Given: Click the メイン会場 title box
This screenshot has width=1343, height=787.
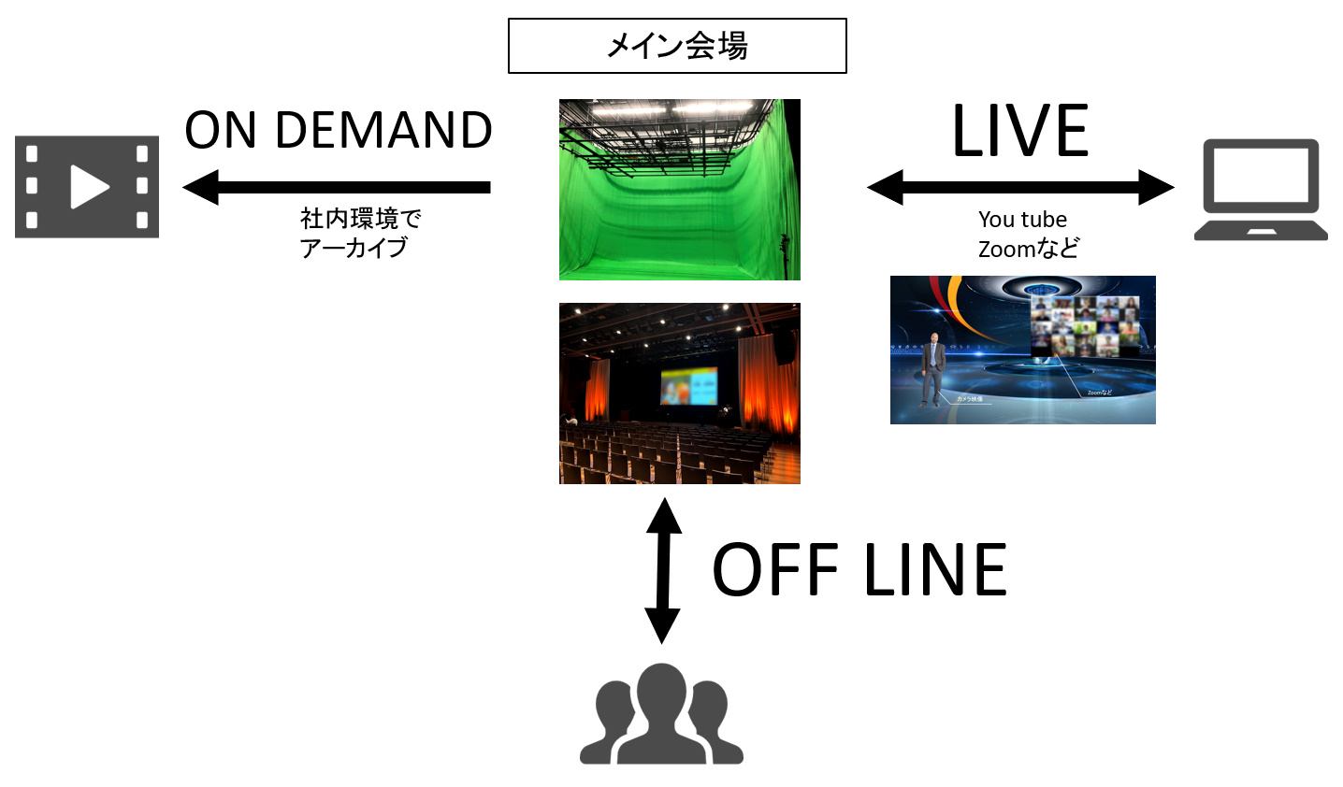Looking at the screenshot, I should (x=677, y=46).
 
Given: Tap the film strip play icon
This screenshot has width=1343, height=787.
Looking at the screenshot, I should (x=87, y=187).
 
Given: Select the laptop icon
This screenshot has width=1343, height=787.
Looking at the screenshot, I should (x=1260, y=190).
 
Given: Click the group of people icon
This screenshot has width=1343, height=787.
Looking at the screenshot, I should (x=661, y=714).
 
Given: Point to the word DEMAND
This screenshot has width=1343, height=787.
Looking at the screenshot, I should (x=383, y=130).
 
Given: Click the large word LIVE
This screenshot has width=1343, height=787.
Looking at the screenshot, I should (x=1020, y=132).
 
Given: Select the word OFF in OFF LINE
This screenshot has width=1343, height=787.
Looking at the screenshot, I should (x=775, y=570).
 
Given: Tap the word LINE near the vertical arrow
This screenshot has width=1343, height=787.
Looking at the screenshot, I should (x=934, y=570).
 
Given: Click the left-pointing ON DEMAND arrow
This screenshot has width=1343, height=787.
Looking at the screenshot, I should (x=337, y=187).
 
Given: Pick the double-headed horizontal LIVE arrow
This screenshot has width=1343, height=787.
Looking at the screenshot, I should (x=1020, y=187).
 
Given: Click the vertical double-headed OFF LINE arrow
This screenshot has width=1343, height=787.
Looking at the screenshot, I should (x=663, y=570).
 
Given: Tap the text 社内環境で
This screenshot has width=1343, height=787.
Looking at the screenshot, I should (x=360, y=219).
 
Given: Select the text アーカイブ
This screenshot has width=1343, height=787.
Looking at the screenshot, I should (x=354, y=248).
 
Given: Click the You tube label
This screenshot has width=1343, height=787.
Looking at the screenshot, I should (x=1022, y=220).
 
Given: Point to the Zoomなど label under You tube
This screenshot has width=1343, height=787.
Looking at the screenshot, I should (x=1028, y=249).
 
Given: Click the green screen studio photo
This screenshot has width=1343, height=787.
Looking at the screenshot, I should (x=679, y=190).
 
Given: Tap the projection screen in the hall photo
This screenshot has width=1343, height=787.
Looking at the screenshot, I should (x=688, y=385).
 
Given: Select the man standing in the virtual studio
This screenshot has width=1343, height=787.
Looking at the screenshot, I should (x=932, y=369).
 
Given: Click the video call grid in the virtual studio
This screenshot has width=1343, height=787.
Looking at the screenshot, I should (x=1084, y=327).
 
